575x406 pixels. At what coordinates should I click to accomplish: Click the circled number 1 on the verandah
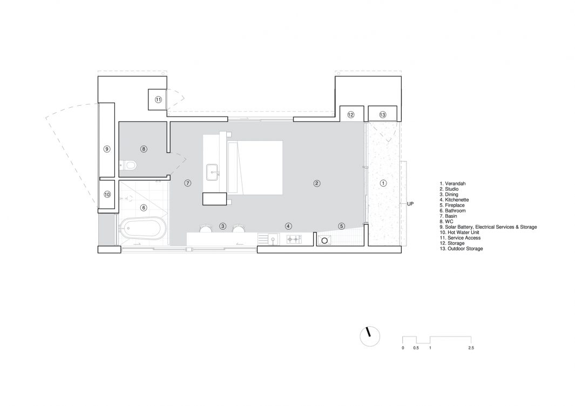[383, 183]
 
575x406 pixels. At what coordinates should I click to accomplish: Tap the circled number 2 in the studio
[317, 183]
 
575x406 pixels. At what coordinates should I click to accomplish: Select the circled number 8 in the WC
[144, 149]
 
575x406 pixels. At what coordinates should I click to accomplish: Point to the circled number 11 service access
[158, 100]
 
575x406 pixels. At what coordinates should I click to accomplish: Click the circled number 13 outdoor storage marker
[382, 115]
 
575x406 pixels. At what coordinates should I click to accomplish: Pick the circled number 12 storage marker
[350, 115]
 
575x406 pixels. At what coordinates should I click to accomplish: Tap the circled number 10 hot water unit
[107, 195]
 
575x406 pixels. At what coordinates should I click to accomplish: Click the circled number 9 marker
[107, 149]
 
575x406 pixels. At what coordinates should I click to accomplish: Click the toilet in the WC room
[128, 166]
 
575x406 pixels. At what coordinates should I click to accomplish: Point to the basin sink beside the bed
[213, 172]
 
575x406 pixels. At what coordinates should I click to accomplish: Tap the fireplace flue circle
[324, 241]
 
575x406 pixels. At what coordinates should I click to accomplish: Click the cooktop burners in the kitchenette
[294, 239]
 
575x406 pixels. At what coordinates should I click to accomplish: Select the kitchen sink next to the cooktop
[273, 240]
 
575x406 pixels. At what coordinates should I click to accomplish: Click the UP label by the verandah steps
[410, 204]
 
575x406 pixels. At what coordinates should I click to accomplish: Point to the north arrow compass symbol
[370, 336]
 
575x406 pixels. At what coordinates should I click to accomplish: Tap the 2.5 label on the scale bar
[471, 348]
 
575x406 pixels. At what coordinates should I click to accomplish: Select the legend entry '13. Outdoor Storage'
[461, 249]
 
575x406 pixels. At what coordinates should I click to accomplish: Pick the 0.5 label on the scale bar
[416, 348]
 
